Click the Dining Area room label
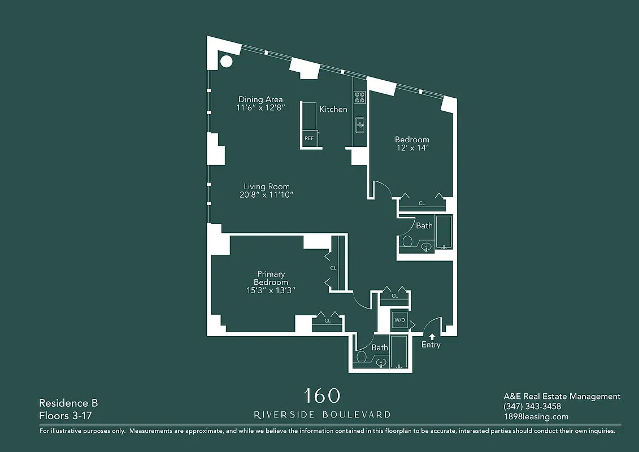click(x=260, y=99)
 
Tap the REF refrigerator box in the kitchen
click(x=309, y=138)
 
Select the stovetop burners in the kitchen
click(x=359, y=97)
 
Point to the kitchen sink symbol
click(x=360, y=125)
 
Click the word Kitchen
click(x=333, y=109)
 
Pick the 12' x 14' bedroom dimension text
click(x=412, y=149)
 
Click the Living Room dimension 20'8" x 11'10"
click(x=267, y=195)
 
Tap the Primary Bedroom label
click(x=271, y=278)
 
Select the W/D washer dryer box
click(x=399, y=320)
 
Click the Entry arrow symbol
click(x=433, y=337)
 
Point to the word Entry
click(x=431, y=345)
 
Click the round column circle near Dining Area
click(x=226, y=61)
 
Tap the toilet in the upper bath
click(x=407, y=242)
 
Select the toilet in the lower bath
click(x=362, y=357)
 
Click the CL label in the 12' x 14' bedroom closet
click(x=421, y=203)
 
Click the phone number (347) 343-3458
click(x=532, y=406)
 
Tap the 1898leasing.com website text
click(x=536, y=416)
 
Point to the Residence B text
click(x=68, y=403)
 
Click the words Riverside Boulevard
click(x=322, y=415)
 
